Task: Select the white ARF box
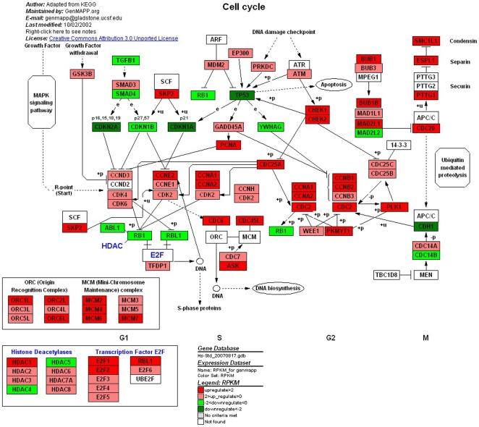pos(216,40)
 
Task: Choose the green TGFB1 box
pos(126,61)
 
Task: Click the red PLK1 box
pos(394,207)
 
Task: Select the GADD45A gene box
pos(227,127)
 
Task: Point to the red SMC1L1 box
pos(426,41)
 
